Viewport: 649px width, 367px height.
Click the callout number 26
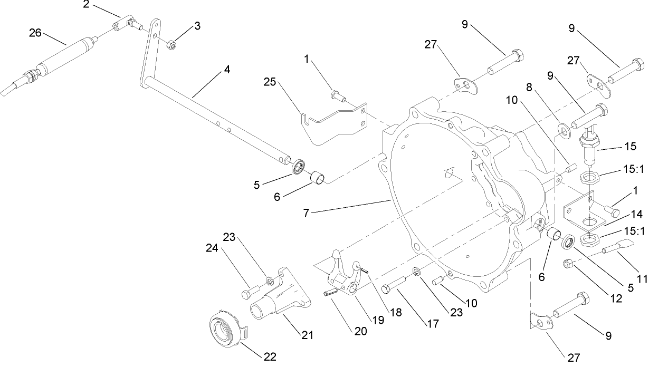35,33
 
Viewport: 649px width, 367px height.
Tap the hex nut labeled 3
171,45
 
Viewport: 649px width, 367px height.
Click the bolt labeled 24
250,291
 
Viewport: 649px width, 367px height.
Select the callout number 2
86,5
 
